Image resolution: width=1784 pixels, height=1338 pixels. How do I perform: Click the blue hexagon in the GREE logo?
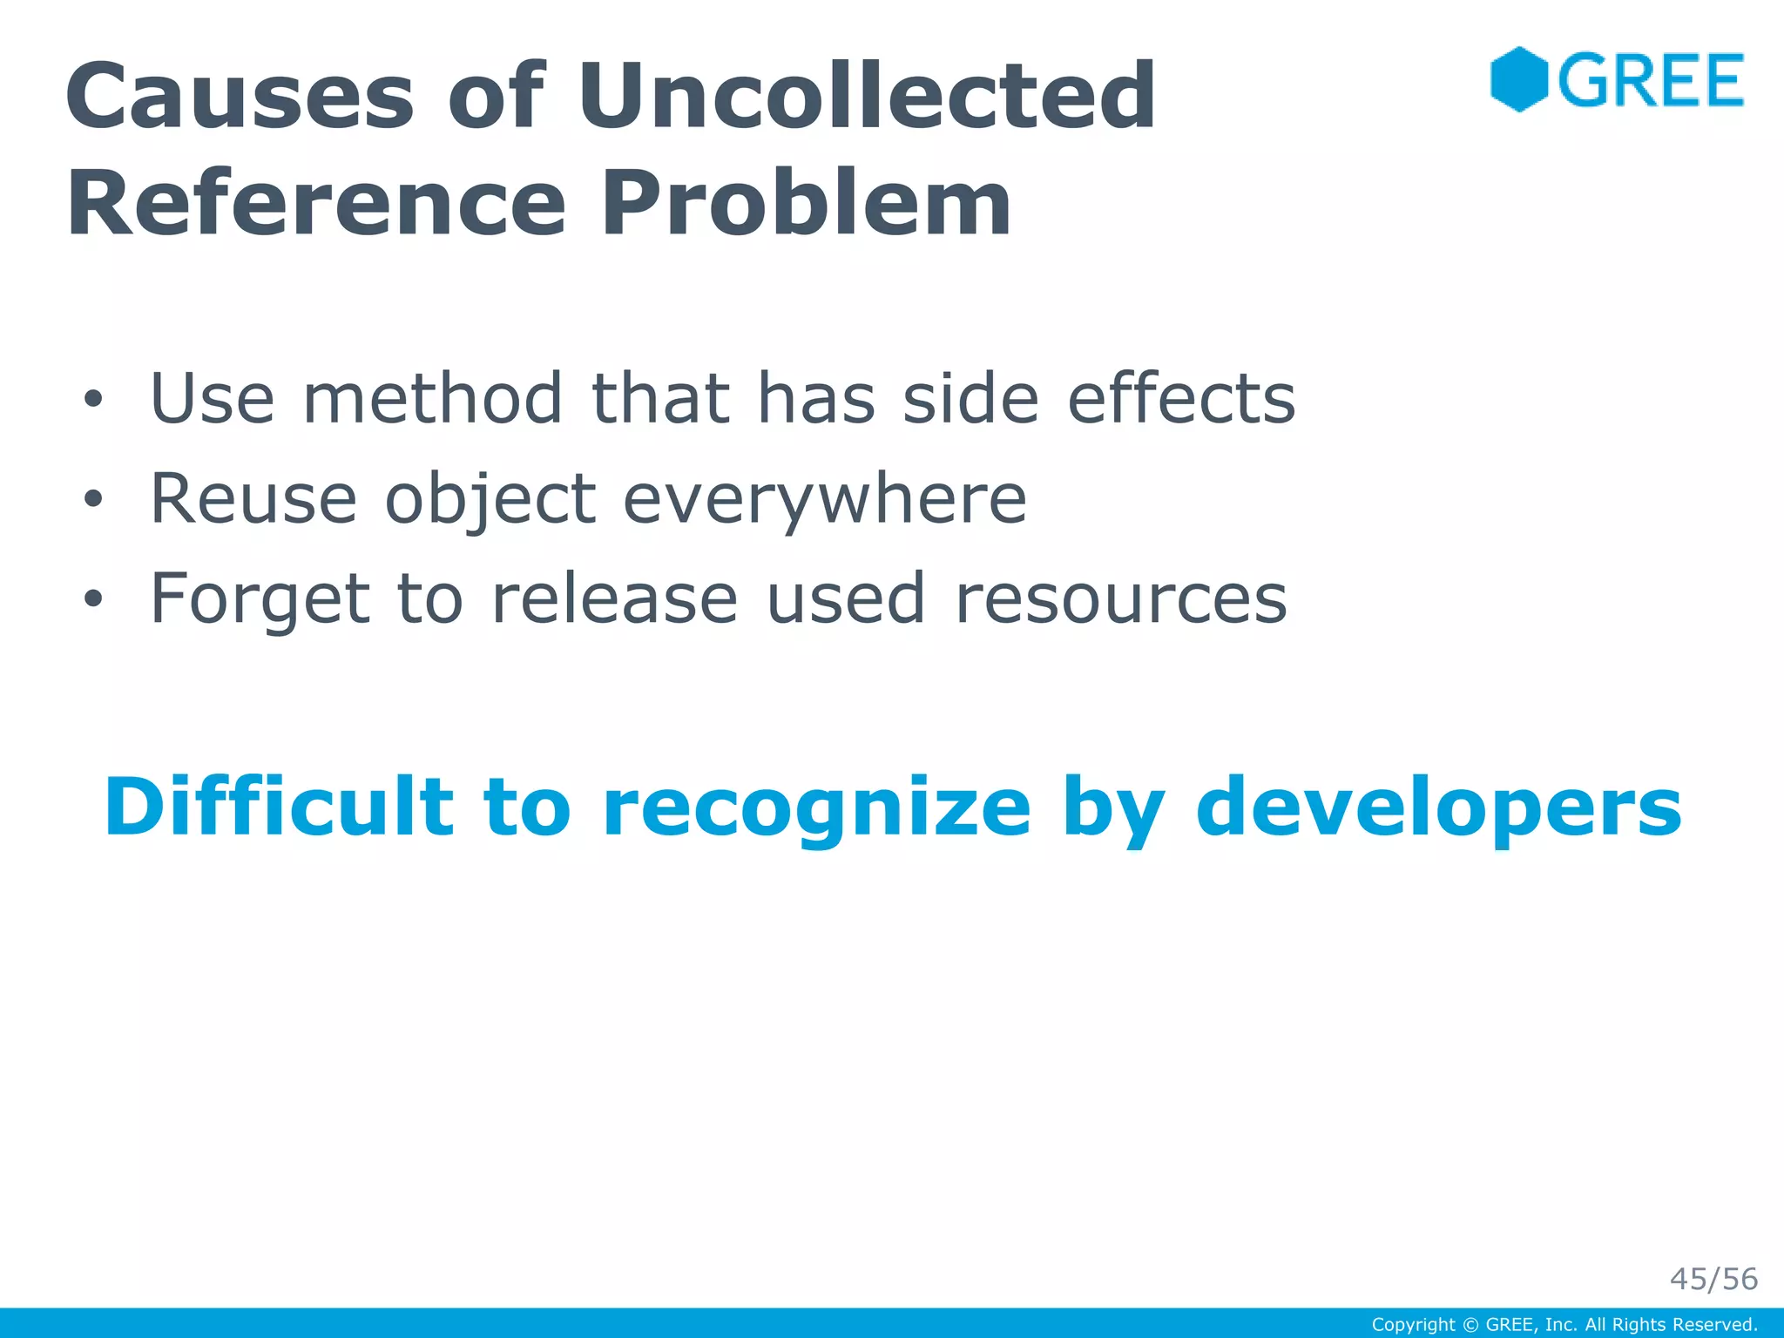coord(1518,79)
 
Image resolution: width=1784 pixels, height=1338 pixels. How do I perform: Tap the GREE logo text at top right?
coord(1651,80)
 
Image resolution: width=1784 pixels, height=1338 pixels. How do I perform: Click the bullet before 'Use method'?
coord(93,400)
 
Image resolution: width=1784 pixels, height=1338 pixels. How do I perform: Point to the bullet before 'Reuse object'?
coord(93,500)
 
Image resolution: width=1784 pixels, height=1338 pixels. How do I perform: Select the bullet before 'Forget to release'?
coord(93,599)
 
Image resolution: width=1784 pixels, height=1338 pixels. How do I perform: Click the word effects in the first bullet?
coord(1181,399)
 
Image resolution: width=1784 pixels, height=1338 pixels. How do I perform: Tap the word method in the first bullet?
coord(432,399)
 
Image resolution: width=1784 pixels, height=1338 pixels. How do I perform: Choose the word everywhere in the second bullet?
coord(825,500)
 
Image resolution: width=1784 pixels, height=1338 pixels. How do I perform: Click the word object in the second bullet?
coord(490,500)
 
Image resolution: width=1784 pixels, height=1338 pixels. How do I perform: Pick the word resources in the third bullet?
coord(1120,599)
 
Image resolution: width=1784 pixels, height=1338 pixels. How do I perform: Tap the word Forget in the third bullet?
coord(260,599)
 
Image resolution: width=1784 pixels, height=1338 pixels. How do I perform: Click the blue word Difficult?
coord(279,807)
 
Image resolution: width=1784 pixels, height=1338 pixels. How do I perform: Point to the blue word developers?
coord(1438,807)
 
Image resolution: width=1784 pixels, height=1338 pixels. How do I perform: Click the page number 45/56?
coord(1713,1279)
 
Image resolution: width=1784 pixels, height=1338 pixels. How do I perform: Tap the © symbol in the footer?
coord(1470,1325)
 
